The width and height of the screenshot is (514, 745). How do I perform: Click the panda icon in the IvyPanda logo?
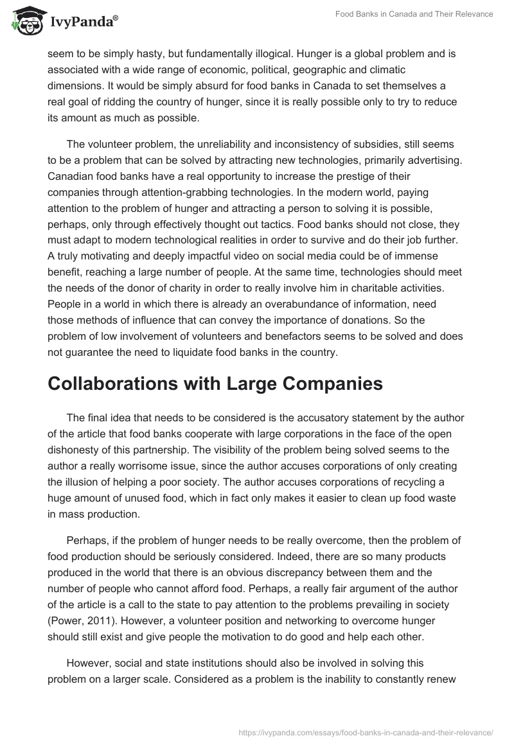[24, 21]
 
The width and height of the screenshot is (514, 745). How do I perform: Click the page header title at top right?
[414, 14]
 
